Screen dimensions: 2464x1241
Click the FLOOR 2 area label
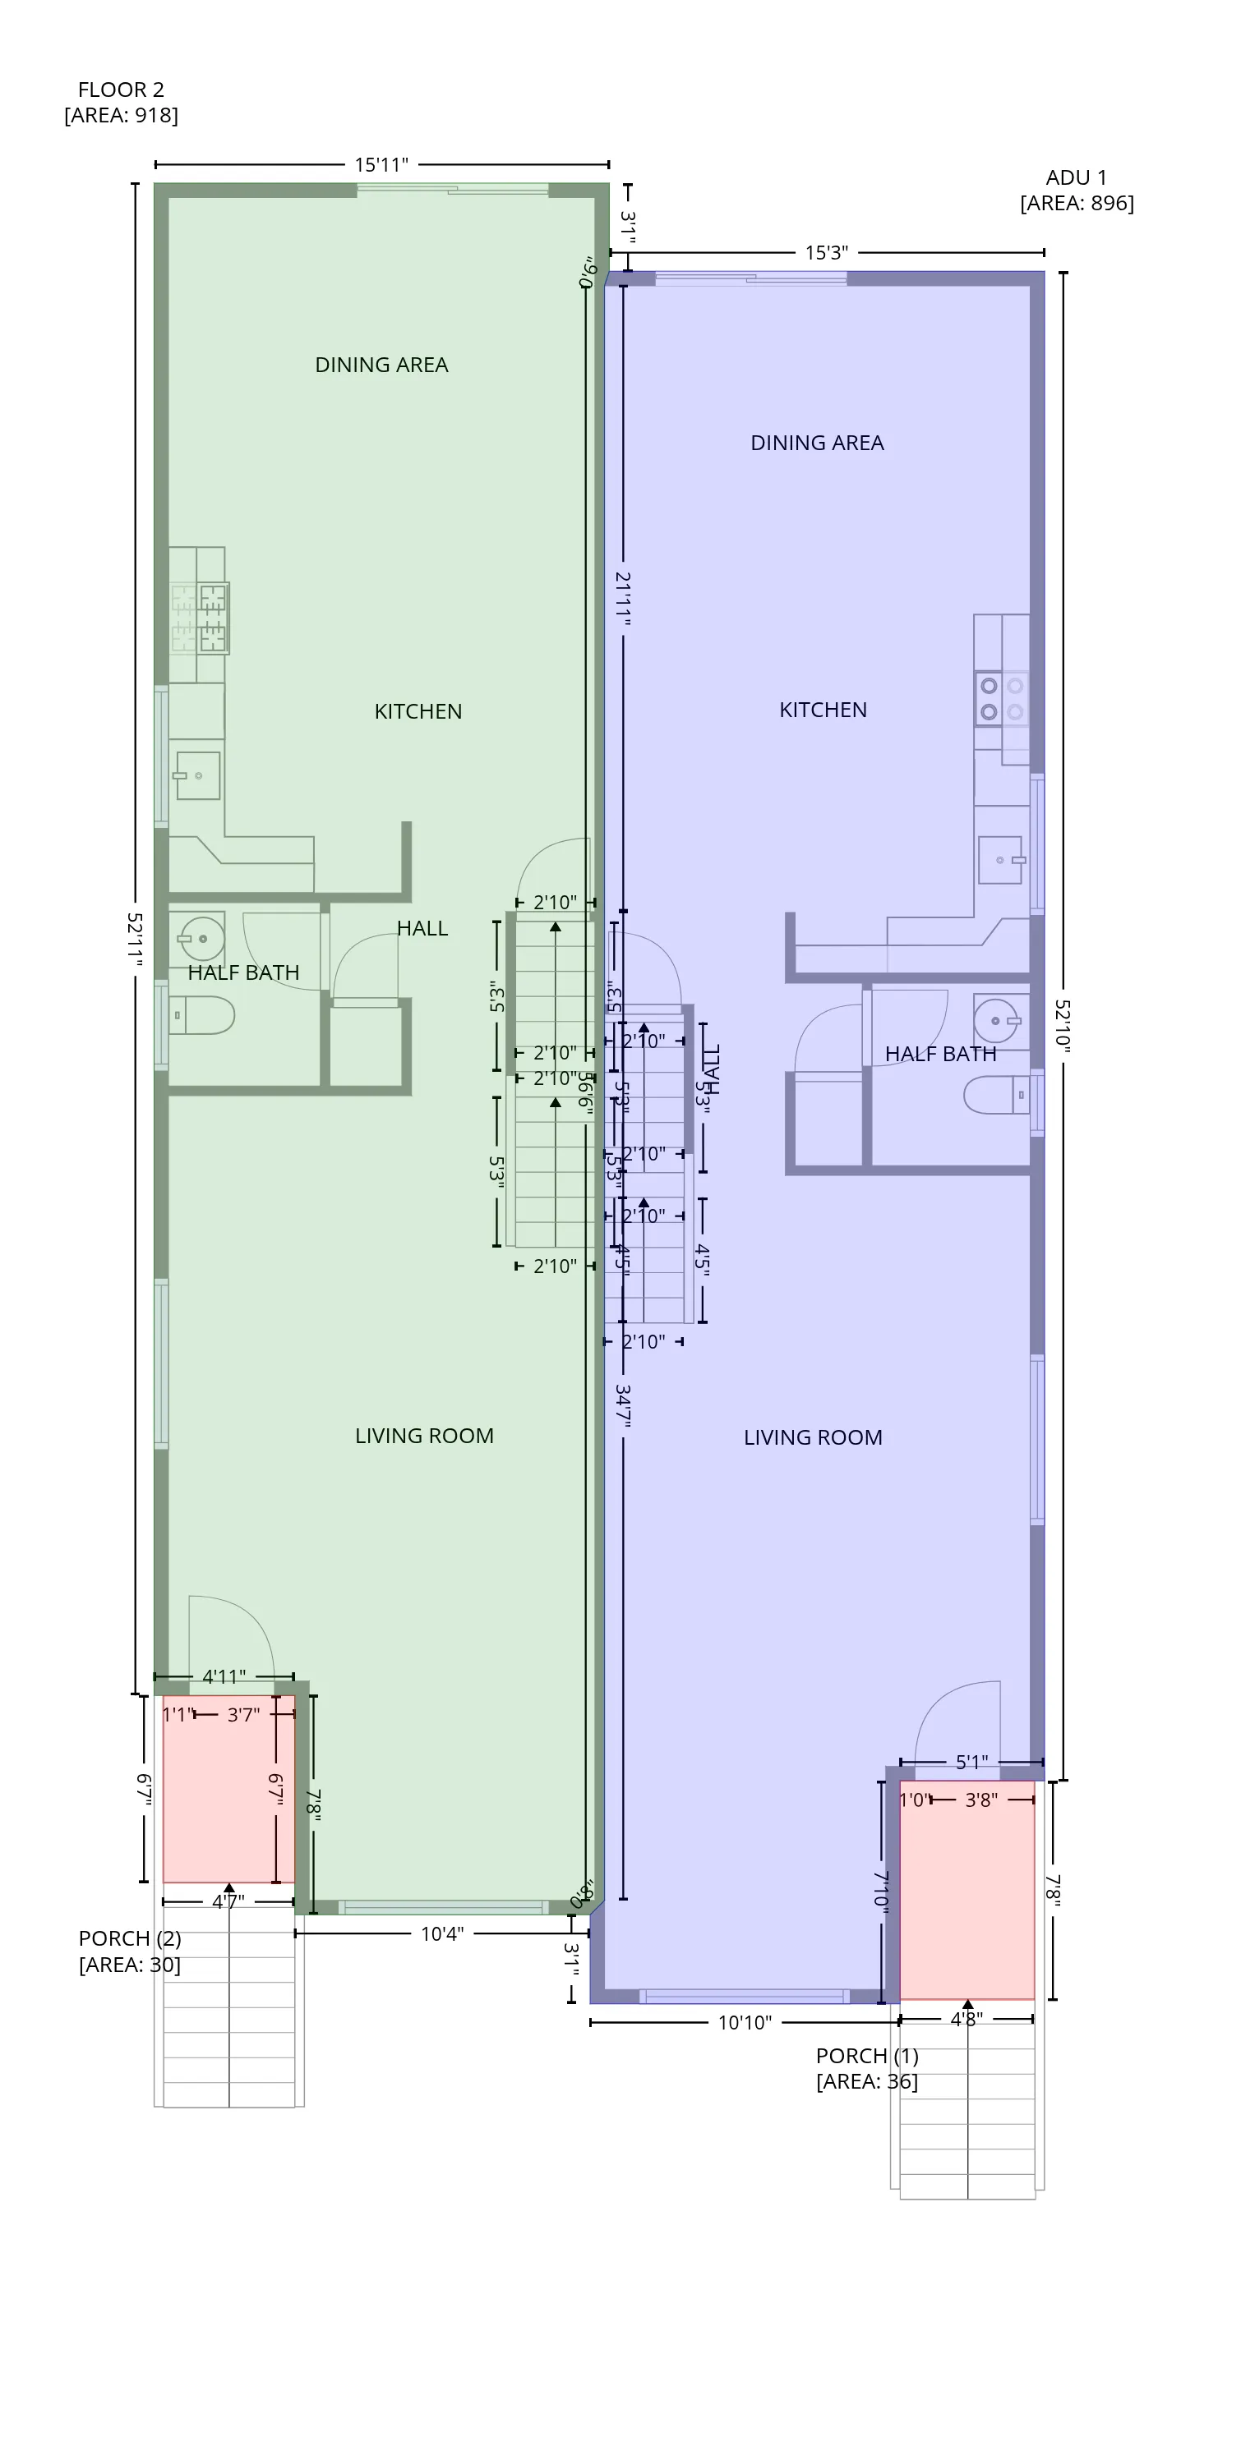[121, 101]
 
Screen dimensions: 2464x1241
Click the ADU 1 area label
[1077, 190]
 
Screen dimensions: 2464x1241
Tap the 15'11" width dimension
[381, 164]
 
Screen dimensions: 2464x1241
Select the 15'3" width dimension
[826, 252]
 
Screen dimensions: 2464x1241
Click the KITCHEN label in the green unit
[418, 711]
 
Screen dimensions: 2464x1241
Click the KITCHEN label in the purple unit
[823, 710]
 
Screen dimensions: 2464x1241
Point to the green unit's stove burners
[212, 617]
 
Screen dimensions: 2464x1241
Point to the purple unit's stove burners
[990, 699]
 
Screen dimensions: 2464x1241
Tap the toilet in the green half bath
[202, 1015]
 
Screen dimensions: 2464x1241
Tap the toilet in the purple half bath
[996, 1094]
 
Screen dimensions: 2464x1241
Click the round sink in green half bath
[201, 938]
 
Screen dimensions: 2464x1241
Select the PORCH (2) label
[129, 1951]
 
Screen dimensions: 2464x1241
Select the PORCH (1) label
[866, 2068]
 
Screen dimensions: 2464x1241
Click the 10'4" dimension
[442, 1934]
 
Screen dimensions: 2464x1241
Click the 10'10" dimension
[745, 2022]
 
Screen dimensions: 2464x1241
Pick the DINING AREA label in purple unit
[817, 443]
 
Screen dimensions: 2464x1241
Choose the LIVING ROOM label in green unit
[424, 1436]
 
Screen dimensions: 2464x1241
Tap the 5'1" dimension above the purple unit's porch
[971, 1762]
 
